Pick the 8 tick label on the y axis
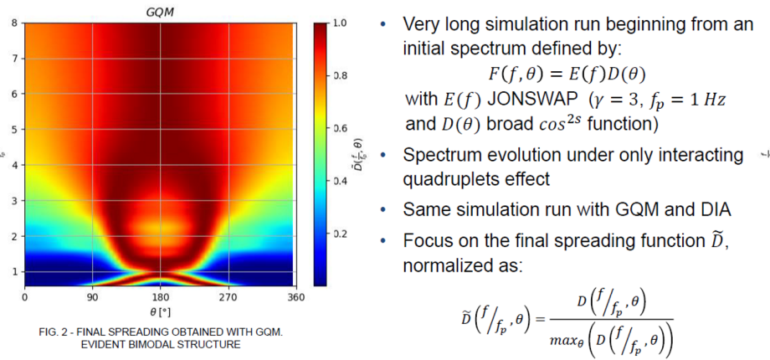point(15,23)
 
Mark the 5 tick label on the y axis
point(15,130)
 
